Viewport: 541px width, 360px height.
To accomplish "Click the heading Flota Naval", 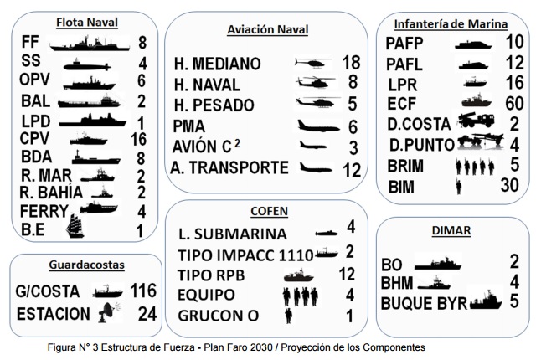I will [85, 22].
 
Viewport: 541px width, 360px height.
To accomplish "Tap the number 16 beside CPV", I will [139, 138].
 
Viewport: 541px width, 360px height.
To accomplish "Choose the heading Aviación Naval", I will [267, 30].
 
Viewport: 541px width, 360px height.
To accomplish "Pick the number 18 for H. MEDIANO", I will [351, 63].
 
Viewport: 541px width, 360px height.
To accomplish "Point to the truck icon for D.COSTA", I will [479, 122].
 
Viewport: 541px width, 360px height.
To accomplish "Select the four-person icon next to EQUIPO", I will [301, 296].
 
